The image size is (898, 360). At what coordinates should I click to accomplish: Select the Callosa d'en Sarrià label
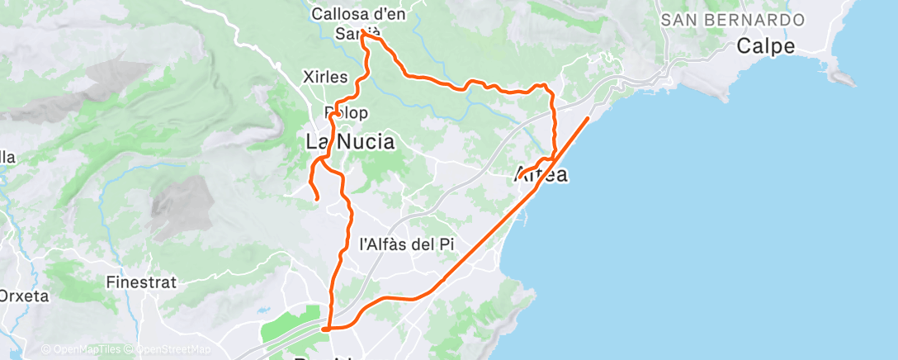coord(357,23)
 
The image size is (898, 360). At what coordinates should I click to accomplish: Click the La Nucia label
coord(350,142)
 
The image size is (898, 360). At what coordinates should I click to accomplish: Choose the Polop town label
coord(347,112)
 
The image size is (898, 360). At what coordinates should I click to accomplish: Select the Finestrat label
coord(141,282)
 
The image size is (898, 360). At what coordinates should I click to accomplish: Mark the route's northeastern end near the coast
coord(588,119)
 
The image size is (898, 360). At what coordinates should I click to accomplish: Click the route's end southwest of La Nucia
coord(318,198)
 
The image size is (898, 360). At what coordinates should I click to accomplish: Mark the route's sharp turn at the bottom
coord(326,329)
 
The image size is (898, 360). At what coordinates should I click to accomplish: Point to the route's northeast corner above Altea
coord(546,86)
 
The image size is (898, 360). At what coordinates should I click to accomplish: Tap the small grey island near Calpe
coord(843,79)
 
